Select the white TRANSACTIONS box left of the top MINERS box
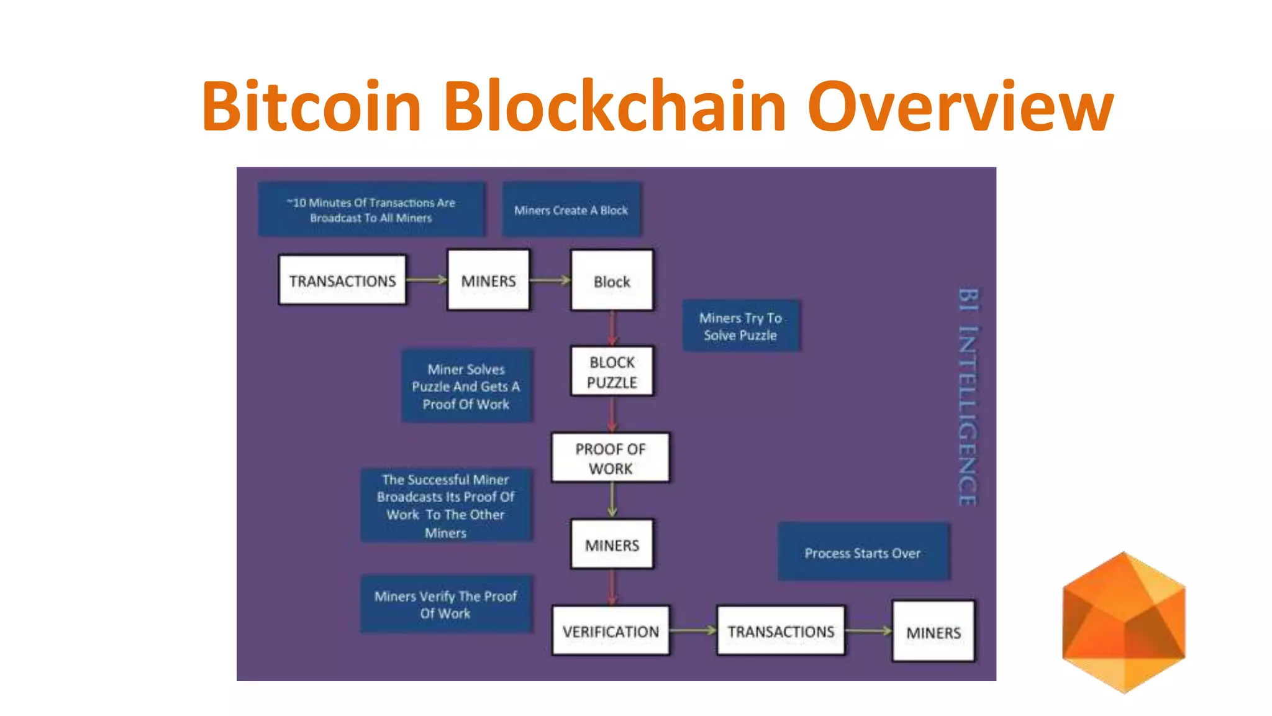(x=342, y=280)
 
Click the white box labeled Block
(x=612, y=280)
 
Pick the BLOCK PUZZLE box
(x=612, y=372)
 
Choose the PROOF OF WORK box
(x=611, y=458)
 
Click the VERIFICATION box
(x=611, y=631)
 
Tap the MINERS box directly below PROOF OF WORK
(x=612, y=544)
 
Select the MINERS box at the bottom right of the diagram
(x=933, y=631)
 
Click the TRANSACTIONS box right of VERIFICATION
(x=781, y=631)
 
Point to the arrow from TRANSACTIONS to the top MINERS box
(x=427, y=280)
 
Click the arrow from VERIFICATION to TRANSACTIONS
(x=693, y=630)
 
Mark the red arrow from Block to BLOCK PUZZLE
(x=612, y=328)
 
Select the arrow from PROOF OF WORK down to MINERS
(x=612, y=500)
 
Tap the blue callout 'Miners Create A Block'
(x=571, y=209)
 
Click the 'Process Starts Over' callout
(x=863, y=552)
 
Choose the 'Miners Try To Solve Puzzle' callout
(x=740, y=326)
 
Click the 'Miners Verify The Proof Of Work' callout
(x=445, y=604)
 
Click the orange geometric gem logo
(x=1124, y=622)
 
